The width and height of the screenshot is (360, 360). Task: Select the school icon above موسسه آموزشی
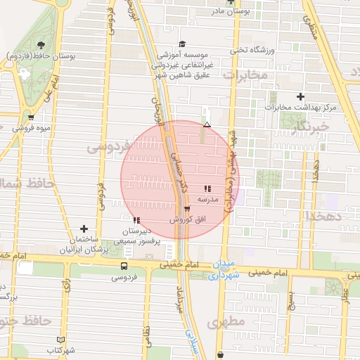[x=182, y=44]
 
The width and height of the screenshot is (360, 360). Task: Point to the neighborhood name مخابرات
[x=249, y=75]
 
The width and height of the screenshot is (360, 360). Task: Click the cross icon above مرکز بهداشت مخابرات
[x=301, y=96]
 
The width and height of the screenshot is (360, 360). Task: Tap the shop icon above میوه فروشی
[x=30, y=117]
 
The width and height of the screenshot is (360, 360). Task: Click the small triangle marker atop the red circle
[x=207, y=125]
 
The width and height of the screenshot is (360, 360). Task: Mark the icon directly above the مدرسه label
[x=207, y=188]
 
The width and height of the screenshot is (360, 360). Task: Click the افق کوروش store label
[x=186, y=220]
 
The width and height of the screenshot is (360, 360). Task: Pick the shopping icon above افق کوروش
[x=186, y=209]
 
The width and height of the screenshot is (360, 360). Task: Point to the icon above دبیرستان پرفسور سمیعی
[x=136, y=220]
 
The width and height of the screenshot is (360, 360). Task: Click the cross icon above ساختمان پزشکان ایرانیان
[x=84, y=229]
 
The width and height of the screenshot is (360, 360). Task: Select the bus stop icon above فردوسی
[x=124, y=266]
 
